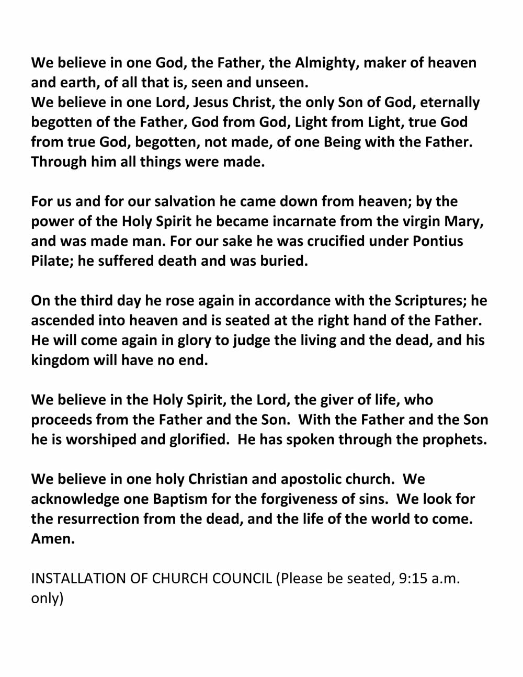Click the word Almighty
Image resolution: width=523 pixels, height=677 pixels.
324,63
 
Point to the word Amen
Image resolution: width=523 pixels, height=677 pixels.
52,539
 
